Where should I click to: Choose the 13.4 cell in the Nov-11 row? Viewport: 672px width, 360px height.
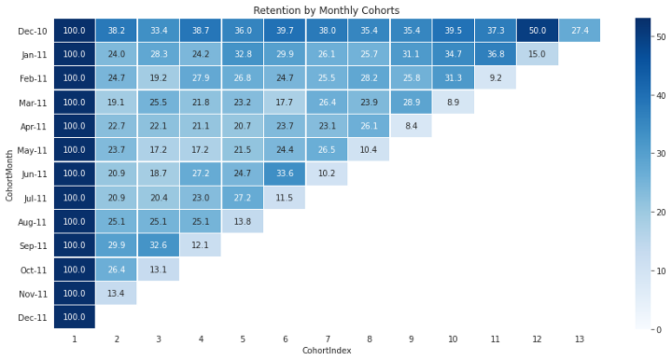(x=116, y=294)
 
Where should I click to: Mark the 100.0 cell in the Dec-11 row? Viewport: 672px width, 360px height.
(x=74, y=317)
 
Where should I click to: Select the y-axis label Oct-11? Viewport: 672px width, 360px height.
(x=32, y=270)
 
